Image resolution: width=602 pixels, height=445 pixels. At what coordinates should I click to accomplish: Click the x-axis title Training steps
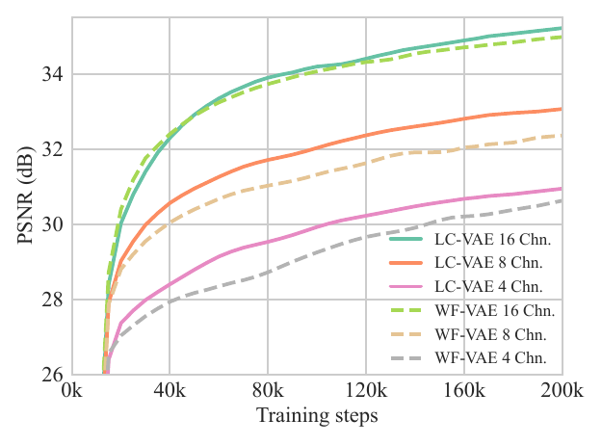317,417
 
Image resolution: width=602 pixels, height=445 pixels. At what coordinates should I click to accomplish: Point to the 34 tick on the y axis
52,75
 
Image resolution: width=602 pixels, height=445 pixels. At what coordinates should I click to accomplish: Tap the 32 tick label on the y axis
52,150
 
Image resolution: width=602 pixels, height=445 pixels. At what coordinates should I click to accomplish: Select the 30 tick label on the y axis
52,225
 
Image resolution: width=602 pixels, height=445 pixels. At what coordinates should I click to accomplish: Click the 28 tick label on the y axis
52,301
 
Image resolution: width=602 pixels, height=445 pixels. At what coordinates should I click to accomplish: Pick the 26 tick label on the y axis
52,376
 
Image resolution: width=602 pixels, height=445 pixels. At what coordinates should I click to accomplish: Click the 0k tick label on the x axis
71,393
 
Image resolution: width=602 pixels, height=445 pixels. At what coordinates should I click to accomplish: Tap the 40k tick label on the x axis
170,393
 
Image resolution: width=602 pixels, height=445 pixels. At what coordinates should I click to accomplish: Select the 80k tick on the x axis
268,393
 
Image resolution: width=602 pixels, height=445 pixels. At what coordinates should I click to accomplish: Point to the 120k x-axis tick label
366,393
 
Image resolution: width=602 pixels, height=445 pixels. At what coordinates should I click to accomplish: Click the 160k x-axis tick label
464,393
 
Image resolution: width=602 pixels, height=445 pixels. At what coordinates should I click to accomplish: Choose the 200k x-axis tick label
562,393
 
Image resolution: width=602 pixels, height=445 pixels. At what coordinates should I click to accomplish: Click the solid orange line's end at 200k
562,109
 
